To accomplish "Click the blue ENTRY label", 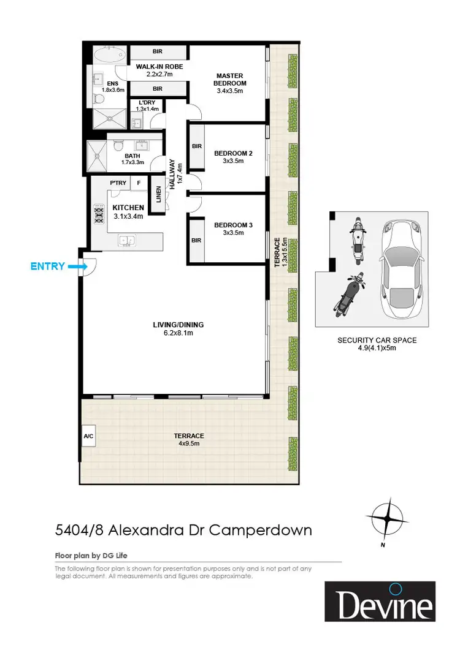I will pyautogui.click(x=47, y=266).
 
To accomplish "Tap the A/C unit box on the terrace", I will pyautogui.click(x=87, y=437).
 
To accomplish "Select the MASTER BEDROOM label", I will pyautogui.click(x=230, y=80).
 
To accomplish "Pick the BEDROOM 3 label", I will pyautogui.click(x=233, y=225).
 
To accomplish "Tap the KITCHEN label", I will pyautogui.click(x=128, y=208).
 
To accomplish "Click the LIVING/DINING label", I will pyautogui.click(x=179, y=325).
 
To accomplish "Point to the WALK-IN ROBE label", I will pyautogui.click(x=159, y=67).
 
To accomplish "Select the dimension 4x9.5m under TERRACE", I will pyautogui.click(x=188, y=444).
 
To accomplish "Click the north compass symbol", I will pyautogui.click(x=387, y=518).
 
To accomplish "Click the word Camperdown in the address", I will pyautogui.click(x=261, y=530).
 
